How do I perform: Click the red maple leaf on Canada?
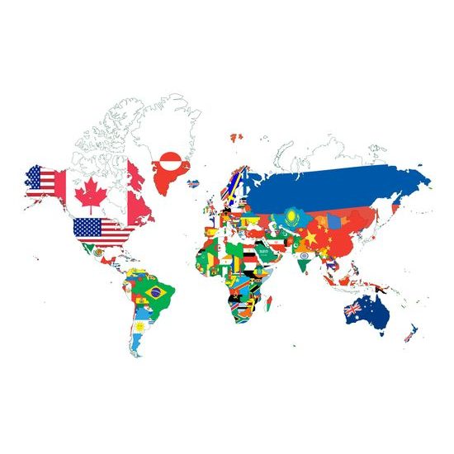(x=88, y=196)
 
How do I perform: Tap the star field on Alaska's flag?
(x=35, y=175)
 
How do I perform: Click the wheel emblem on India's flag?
(x=304, y=257)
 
